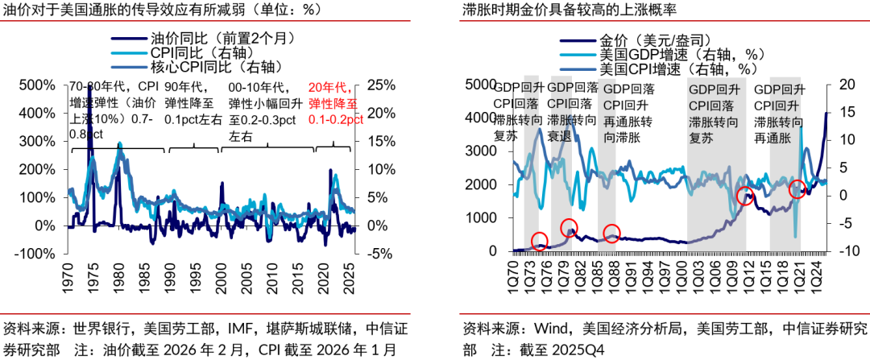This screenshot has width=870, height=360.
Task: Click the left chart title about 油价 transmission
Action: point(162,10)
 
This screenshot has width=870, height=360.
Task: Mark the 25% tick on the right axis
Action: point(379,85)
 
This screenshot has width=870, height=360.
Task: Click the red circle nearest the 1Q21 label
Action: point(797,190)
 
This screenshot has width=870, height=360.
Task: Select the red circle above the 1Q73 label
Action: point(540,240)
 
